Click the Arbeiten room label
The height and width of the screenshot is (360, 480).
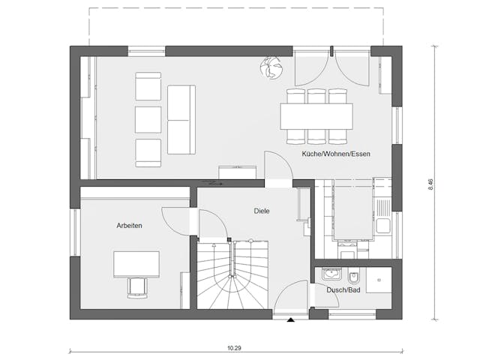(x=129, y=225)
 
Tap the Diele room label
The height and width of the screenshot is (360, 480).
(x=261, y=211)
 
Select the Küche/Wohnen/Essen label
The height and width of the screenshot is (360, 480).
(x=336, y=153)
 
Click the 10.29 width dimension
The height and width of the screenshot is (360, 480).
(x=236, y=348)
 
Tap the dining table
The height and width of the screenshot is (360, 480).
(x=316, y=116)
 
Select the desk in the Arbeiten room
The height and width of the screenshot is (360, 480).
(x=136, y=264)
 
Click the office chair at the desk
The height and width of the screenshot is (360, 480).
(x=137, y=287)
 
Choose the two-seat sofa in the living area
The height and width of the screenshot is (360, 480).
(x=181, y=118)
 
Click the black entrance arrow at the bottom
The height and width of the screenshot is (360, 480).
(x=291, y=320)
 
